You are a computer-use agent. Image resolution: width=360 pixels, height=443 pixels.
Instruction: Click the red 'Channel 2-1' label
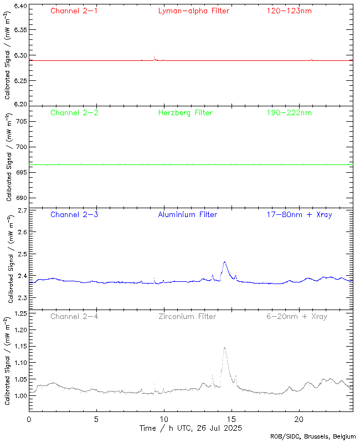pos(74,11)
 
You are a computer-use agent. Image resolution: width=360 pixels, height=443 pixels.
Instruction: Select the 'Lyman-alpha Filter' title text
pos(193,11)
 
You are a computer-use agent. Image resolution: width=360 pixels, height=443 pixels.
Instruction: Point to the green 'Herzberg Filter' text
pos(185,112)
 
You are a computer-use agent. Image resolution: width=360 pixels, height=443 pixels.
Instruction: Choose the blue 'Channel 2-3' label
pos(74,214)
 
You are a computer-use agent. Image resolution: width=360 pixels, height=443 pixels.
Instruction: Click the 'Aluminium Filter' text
pos(187,214)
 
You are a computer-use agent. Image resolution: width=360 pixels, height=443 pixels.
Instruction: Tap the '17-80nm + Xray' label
pos(299,214)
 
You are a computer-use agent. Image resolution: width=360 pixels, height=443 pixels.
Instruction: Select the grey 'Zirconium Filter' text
pos(187,316)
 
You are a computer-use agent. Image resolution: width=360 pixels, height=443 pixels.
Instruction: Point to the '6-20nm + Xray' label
pos(296,316)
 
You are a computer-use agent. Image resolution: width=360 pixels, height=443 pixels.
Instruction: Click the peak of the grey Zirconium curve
pos(224,348)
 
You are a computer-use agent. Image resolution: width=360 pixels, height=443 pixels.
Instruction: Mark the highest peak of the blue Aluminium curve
pos(224,262)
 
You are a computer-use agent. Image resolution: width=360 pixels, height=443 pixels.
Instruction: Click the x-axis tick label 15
pos(232,419)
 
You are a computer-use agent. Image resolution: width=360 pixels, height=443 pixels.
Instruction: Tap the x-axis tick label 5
pos(96,419)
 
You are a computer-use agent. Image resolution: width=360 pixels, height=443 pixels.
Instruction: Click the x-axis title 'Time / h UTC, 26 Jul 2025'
pos(191,428)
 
